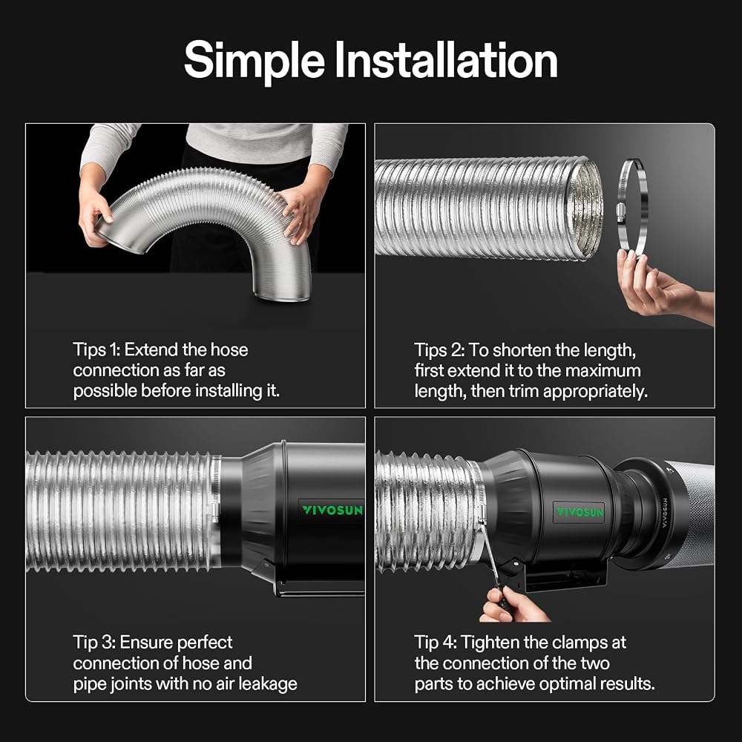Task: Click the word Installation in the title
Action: point(446,59)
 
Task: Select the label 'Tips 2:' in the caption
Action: point(439,351)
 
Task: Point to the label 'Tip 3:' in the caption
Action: point(93,643)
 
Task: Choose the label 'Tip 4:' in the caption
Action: point(435,643)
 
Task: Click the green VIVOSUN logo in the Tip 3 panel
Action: point(332,510)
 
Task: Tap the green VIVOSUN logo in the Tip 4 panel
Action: point(580,512)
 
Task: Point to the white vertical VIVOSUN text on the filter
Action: point(664,513)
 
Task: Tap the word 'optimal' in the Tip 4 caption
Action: point(568,684)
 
